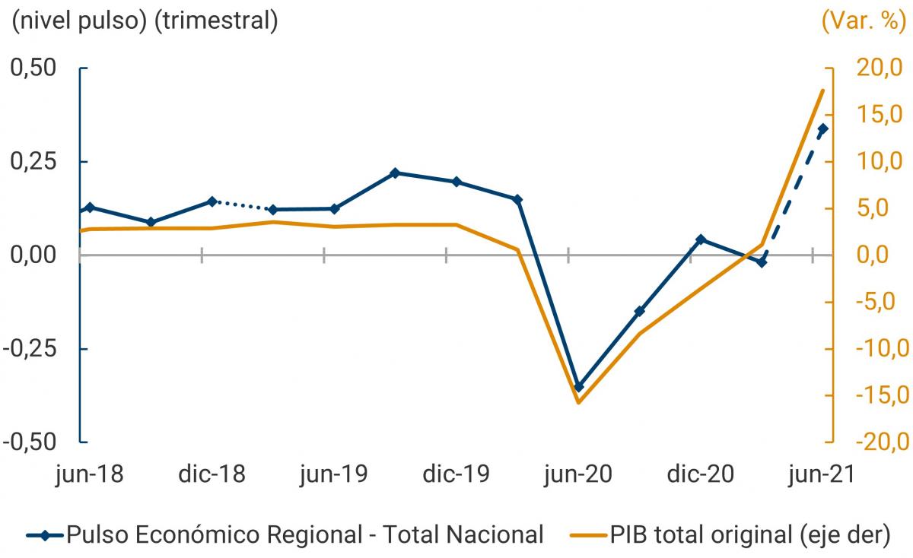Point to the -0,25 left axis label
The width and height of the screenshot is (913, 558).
click(x=33, y=349)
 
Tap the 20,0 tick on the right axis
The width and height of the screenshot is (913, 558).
click(x=875, y=68)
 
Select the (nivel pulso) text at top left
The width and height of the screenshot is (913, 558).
click(x=76, y=21)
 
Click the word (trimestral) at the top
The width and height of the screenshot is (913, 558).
click(x=216, y=21)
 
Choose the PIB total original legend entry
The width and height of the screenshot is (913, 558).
click(x=749, y=534)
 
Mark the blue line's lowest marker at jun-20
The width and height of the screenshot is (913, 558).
click(x=578, y=387)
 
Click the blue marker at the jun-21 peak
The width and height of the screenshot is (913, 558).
click(x=822, y=129)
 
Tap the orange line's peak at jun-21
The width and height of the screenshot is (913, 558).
click(x=822, y=90)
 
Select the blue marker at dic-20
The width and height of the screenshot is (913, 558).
click(x=701, y=239)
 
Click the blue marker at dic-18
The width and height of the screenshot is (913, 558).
click(x=212, y=201)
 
